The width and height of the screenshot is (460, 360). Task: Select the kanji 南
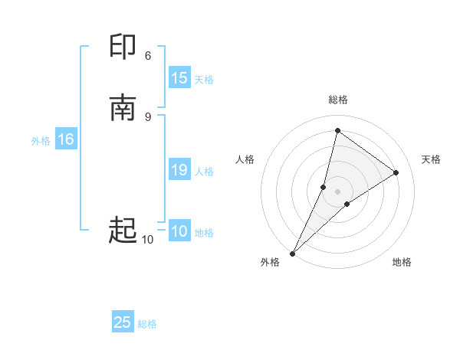[x=123, y=107]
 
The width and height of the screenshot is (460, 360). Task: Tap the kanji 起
[x=123, y=229]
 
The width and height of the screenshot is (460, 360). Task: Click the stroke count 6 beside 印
[x=148, y=55]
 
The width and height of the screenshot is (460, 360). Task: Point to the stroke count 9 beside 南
[x=148, y=116]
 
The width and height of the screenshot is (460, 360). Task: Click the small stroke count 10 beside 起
[x=147, y=240]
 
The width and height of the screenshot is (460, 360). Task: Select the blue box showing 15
[x=179, y=78]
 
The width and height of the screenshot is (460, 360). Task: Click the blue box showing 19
[x=179, y=170]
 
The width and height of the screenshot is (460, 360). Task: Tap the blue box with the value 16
[x=66, y=139]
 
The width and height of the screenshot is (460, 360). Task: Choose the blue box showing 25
[x=123, y=322]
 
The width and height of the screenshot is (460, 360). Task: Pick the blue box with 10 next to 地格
[x=179, y=231]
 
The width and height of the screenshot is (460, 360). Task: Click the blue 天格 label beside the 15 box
[x=204, y=79]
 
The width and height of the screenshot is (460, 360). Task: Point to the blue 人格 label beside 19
[x=204, y=171]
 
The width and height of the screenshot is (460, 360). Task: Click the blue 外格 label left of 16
[x=41, y=140]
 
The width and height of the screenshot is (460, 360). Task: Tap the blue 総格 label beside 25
[x=147, y=323]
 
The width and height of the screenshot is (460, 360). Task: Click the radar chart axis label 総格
[x=338, y=100]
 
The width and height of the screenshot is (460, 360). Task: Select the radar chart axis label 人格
[x=245, y=159]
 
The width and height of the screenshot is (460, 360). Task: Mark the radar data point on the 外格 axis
[x=292, y=253]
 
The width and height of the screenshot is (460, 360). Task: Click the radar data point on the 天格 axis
[x=396, y=172]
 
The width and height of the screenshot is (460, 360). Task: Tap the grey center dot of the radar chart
[x=338, y=191]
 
